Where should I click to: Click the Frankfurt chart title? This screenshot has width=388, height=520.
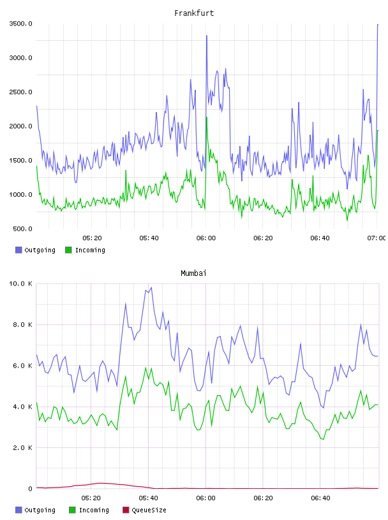pos(194,13)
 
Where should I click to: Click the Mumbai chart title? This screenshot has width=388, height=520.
pos(193,273)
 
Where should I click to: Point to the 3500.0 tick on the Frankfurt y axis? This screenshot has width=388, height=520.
pos(20,24)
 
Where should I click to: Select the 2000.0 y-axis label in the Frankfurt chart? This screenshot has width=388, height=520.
pos(20,126)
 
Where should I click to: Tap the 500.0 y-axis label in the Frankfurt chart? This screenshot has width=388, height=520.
pos(22,229)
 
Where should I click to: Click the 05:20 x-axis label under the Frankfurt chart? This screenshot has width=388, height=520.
pos(92,238)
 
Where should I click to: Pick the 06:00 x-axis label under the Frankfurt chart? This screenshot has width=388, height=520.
pos(206,238)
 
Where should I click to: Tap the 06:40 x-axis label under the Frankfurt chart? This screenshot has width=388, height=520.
pos(320,238)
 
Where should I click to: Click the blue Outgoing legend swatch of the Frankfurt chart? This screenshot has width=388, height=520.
pos(19,250)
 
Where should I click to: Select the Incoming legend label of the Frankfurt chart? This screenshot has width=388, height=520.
pos(90,250)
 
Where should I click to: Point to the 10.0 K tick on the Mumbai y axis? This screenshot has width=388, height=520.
pos(20,284)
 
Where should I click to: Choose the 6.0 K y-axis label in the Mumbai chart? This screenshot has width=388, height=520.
pos(22,366)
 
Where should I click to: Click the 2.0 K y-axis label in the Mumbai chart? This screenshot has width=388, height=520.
pos(22,448)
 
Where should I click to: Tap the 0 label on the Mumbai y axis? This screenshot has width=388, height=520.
pos(30,489)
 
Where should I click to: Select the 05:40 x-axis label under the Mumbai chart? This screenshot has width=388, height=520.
pos(149,498)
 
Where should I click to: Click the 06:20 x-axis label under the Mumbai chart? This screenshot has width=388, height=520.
pos(263,498)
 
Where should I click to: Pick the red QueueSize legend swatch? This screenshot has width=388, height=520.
pos(126,510)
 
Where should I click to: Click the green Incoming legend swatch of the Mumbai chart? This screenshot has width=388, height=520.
pos(72,510)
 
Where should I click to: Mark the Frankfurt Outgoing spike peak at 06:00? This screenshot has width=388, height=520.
pos(207,36)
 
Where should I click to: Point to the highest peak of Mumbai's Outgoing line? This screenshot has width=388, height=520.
pos(151,287)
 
